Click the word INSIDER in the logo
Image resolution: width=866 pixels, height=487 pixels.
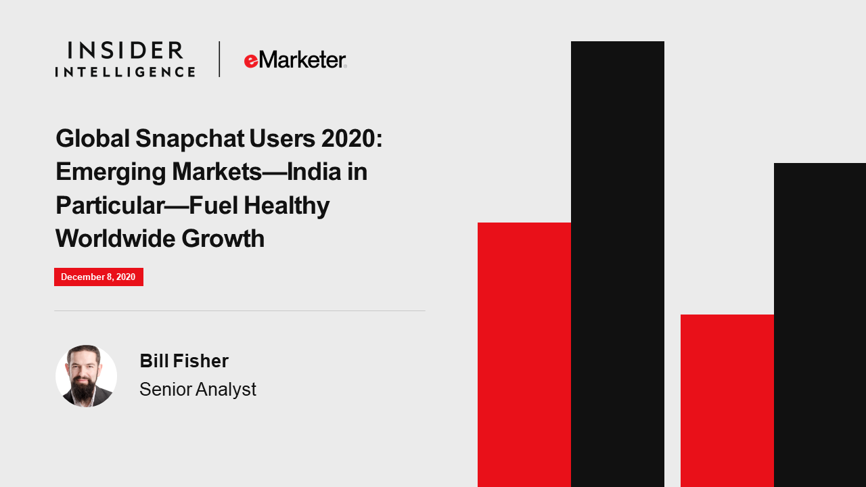click(x=125, y=50)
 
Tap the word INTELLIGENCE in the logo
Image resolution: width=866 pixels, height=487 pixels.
click(x=125, y=72)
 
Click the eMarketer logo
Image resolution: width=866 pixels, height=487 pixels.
click(x=296, y=60)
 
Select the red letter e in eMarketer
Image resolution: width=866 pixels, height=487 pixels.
click(x=251, y=61)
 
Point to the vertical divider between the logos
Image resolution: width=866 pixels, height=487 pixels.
click(x=219, y=59)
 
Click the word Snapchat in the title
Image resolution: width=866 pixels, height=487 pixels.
click(x=190, y=139)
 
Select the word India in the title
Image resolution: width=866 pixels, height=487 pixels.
click(x=314, y=172)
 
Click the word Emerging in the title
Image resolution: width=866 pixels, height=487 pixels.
click(x=111, y=172)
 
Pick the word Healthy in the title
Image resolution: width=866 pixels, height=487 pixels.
click(x=286, y=206)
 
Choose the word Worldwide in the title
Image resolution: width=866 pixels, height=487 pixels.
click(x=115, y=238)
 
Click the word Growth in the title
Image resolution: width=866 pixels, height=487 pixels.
click(x=223, y=238)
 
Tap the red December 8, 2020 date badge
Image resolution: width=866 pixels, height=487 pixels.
click(x=99, y=277)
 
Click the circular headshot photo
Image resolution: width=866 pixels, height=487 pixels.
click(x=86, y=375)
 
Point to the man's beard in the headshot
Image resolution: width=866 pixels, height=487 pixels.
click(x=84, y=391)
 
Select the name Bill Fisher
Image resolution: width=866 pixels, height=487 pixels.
click(x=184, y=361)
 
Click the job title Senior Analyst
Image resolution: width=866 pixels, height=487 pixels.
click(x=198, y=389)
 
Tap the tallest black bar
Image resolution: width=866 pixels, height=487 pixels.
click(x=618, y=264)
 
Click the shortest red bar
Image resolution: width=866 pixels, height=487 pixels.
click(x=727, y=401)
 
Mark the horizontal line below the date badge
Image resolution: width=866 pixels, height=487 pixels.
click(x=240, y=310)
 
